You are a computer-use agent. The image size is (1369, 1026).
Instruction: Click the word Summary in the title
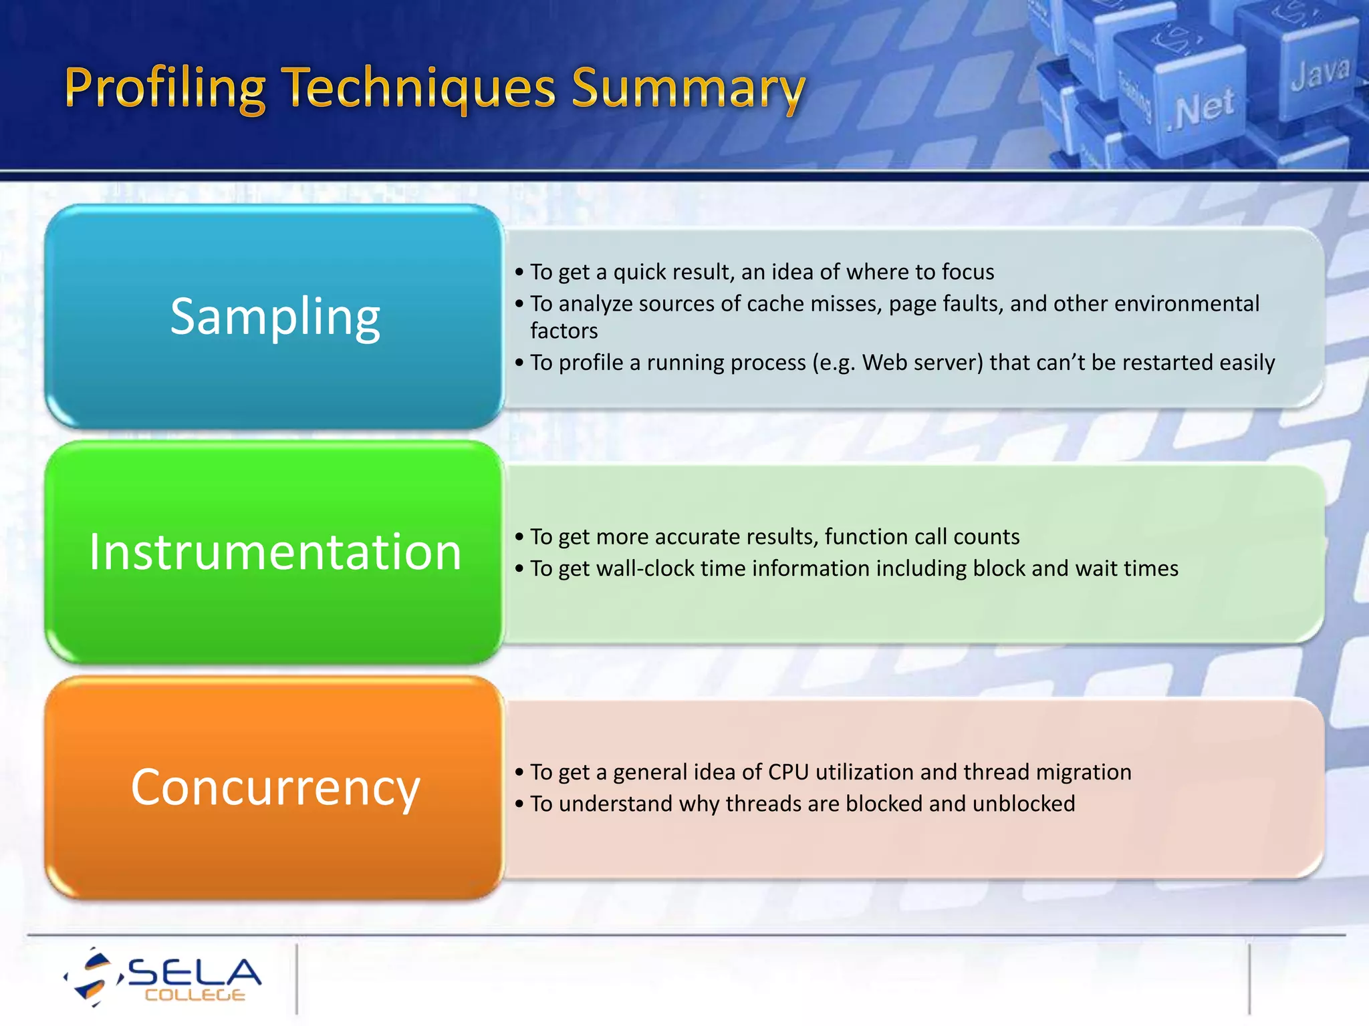point(689,89)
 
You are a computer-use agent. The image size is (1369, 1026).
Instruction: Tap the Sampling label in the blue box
point(275,316)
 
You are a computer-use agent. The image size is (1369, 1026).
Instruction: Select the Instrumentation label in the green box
point(275,552)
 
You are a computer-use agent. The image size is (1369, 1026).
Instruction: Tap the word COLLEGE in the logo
point(195,995)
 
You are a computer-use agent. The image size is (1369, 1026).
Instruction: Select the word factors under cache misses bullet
point(564,331)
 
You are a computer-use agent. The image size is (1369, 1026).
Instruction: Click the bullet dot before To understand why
point(519,804)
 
